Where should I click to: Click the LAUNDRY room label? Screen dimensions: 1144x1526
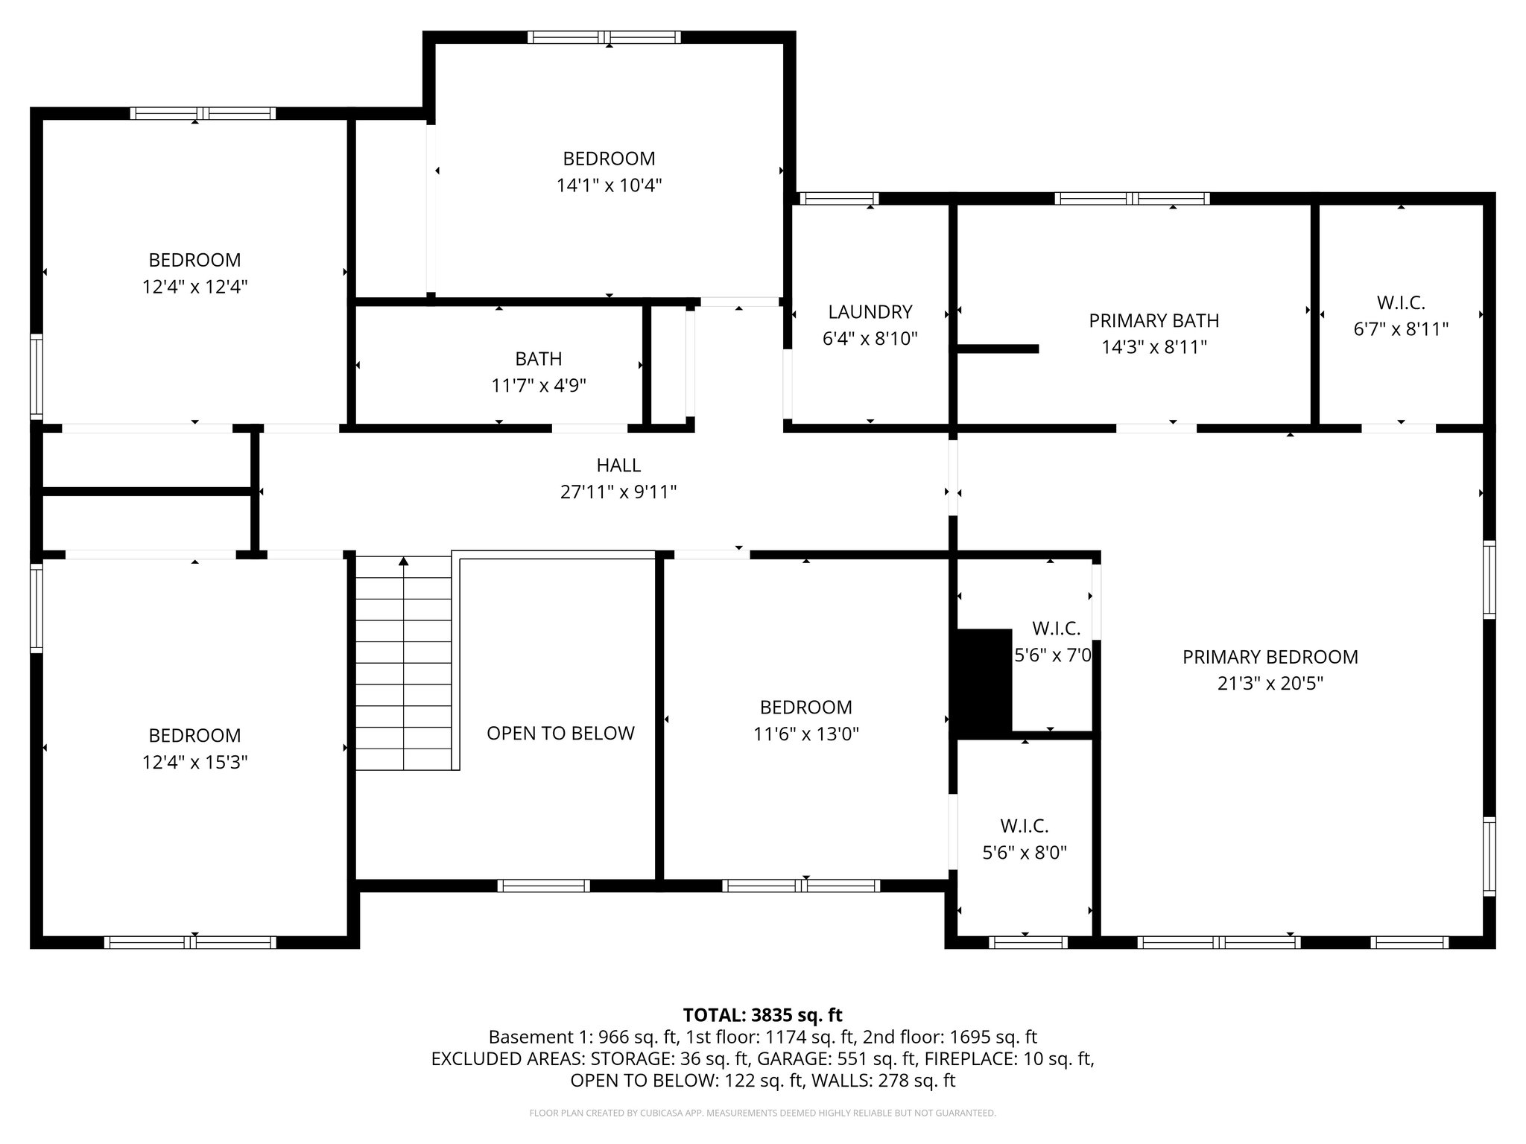coord(870,312)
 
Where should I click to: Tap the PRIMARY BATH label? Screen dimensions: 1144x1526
coord(1153,321)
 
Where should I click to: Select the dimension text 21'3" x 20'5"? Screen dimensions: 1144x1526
coord(1270,684)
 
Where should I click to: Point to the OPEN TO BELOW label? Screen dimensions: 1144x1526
coord(560,734)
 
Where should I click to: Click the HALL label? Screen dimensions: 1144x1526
coord(618,465)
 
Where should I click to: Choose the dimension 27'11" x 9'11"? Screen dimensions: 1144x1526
coord(618,492)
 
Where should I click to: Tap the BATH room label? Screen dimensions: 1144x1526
coord(538,359)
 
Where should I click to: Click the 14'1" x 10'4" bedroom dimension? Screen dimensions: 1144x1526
coord(609,185)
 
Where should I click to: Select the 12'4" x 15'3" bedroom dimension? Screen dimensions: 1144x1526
coord(194,763)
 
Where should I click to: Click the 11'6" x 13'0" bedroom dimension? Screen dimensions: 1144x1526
coord(805,734)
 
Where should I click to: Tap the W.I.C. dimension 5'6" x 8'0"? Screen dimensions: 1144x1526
coord(1025,853)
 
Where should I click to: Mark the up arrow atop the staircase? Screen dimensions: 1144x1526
coord(404,561)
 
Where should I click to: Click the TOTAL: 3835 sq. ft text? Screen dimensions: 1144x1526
coord(762,1015)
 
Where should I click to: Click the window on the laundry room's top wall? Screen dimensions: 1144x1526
coord(838,199)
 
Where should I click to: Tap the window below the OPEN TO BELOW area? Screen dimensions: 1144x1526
coord(543,886)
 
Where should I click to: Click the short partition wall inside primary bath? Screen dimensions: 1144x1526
coord(998,349)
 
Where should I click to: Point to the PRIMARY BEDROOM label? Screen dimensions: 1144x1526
coord(1270,657)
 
